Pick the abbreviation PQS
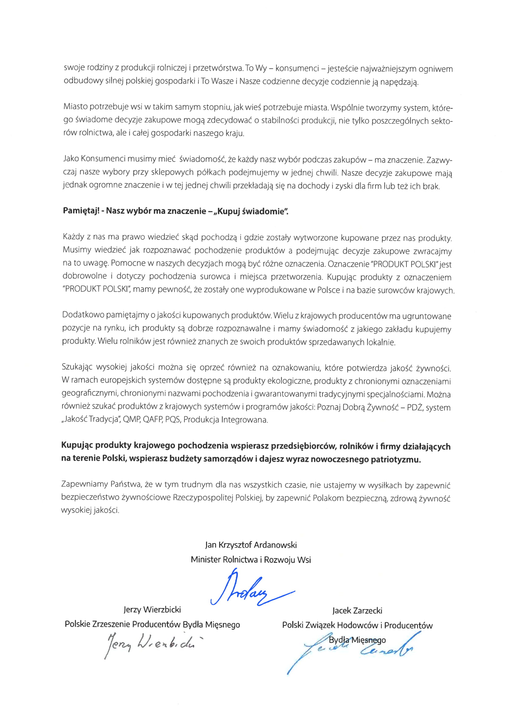click(173, 419)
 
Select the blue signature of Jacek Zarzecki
click(353, 650)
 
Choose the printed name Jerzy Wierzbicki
click(152, 609)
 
